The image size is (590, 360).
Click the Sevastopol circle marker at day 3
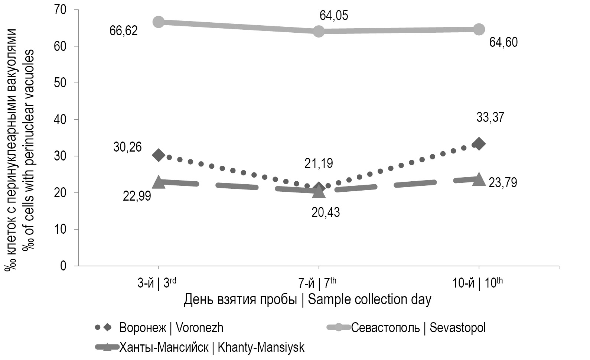click(159, 22)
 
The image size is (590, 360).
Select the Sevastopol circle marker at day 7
click(319, 31)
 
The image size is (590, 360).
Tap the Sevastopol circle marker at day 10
click(479, 29)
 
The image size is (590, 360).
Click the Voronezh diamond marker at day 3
click(159, 155)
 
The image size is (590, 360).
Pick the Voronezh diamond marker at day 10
click(479, 144)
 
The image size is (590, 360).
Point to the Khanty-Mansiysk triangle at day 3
click(159, 182)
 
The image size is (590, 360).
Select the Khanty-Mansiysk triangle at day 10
click(479, 179)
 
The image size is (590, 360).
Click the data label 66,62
click(123, 30)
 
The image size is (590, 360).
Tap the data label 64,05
click(334, 16)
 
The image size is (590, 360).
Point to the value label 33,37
click(490, 118)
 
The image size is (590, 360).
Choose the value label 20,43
click(326, 213)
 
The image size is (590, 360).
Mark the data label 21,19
click(319, 163)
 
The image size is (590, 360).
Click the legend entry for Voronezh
click(171, 328)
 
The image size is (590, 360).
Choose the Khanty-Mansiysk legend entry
click(212, 347)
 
